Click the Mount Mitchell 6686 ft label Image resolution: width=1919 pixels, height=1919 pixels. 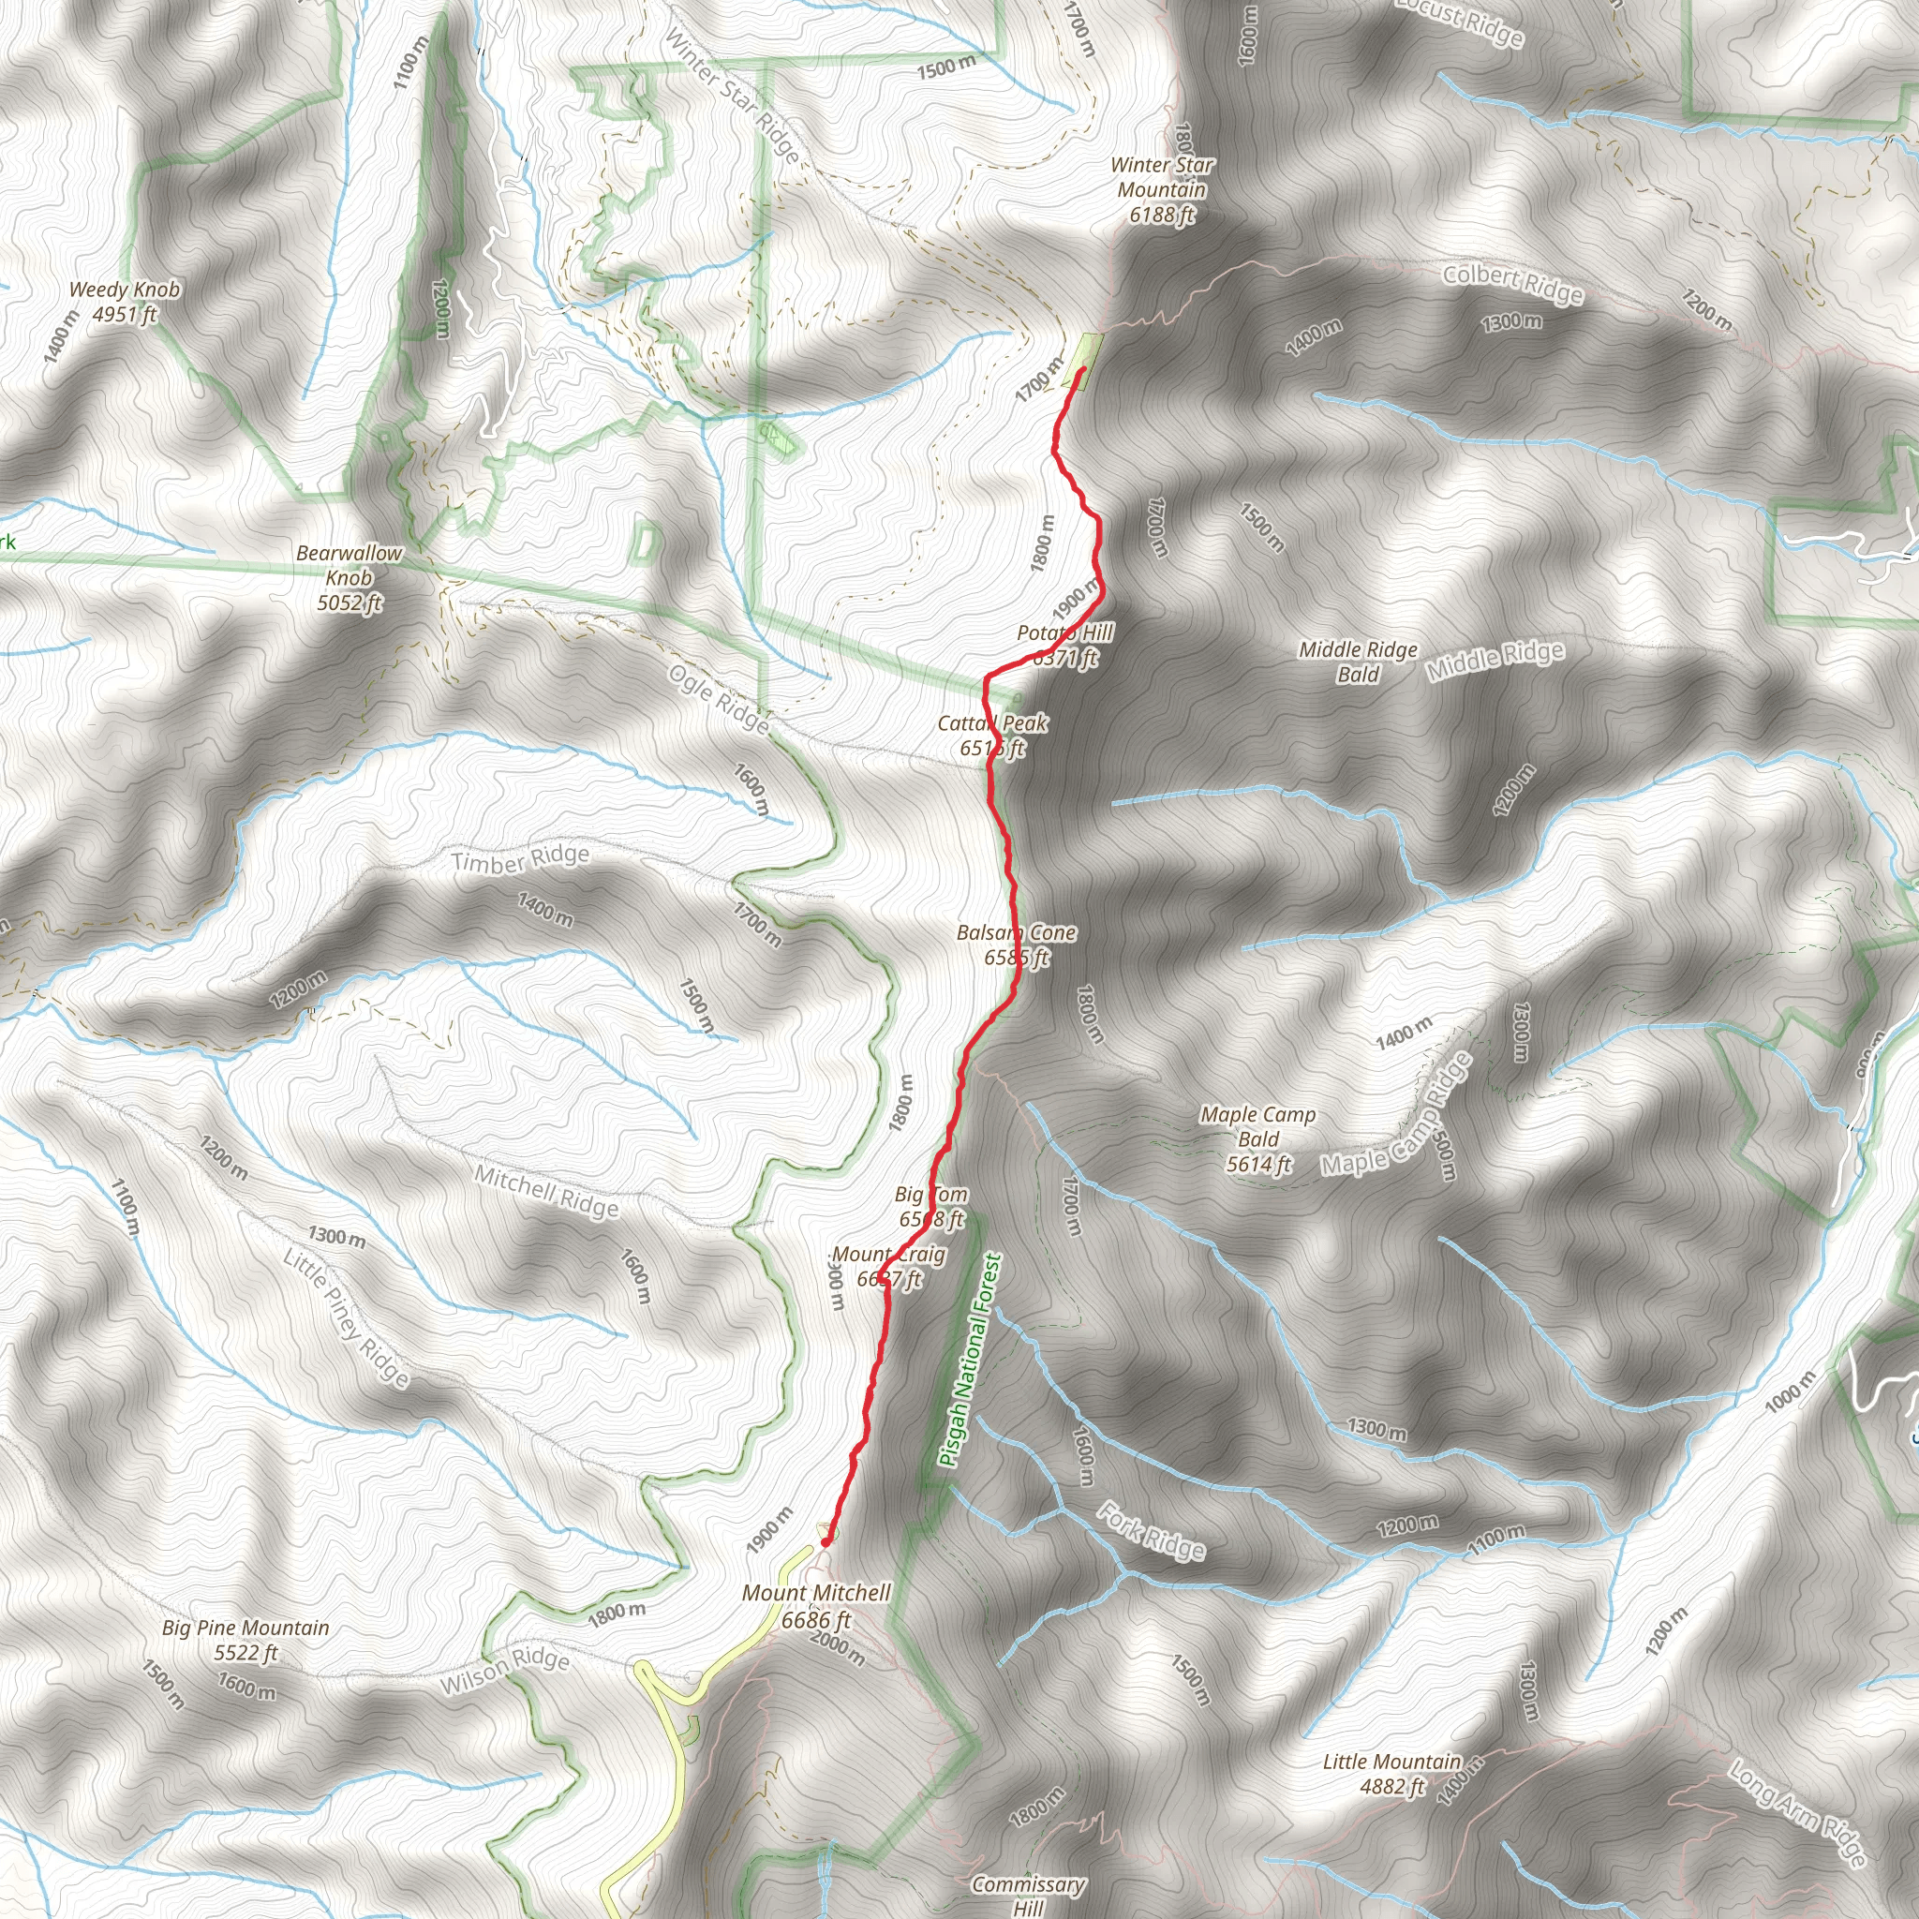pyautogui.click(x=816, y=1606)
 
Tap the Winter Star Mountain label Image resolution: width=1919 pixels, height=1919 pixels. pyautogui.click(x=1161, y=189)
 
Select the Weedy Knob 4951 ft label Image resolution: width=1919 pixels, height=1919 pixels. pyautogui.click(x=125, y=302)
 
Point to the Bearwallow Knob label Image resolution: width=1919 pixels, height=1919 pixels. pyautogui.click(x=350, y=577)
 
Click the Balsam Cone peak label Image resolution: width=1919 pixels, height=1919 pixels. pyautogui.click(x=1016, y=945)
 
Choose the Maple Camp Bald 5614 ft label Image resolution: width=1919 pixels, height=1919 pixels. pyautogui.click(x=1257, y=1139)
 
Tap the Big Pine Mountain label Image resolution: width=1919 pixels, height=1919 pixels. pyautogui.click(x=245, y=1640)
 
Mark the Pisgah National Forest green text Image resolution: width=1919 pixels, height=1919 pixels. pyautogui.click(x=971, y=1360)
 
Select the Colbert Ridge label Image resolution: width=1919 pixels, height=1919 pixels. pyautogui.click(x=1512, y=284)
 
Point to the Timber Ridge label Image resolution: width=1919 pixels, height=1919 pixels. pyautogui.click(x=519, y=859)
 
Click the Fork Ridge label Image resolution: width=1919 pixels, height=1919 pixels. pyautogui.click(x=1152, y=1532)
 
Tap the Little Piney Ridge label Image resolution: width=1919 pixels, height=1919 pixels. pyautogui.click(x=346, y=1318)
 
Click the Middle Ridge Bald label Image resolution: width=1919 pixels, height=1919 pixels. pyautogui.click(x=1358, y=662)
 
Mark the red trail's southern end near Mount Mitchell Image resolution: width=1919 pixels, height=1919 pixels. pyautogui.click(x=826, y=1542)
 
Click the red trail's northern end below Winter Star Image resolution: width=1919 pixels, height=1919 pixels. pyautogui.click(x=1080, y=369)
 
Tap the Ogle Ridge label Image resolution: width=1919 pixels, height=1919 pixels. pyautogui.click(x=719, y=699)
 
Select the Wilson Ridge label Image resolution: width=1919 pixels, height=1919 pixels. pyautogui.click(x=505, y=1674)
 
